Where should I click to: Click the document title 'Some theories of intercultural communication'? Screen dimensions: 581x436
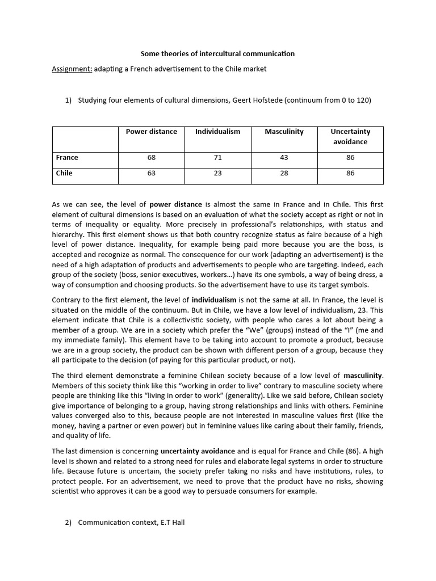coord(217,54)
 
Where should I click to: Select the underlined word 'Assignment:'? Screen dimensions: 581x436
coord(72,69)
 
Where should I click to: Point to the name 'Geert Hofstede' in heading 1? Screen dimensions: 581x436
coord(257,100)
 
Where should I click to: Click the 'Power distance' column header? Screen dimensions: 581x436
coord(151,132)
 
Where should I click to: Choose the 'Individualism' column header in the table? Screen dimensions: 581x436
coord(217,132)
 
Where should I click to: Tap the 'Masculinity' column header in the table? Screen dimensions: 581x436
coord(284,132)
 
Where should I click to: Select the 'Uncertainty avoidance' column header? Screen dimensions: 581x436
coord(350,137)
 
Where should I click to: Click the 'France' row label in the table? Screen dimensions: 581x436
coord(67,158)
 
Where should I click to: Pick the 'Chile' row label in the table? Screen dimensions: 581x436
coord(64,174)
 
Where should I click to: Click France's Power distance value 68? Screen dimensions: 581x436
coord(151,158)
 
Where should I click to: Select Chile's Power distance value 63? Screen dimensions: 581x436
coord(151,174)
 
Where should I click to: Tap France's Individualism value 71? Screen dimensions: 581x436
coord(217,158)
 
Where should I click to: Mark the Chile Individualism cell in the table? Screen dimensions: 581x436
coord(217,174)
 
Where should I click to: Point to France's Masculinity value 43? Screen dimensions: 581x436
coord(284,158)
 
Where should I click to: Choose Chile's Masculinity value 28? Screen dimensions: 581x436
coord(284,174)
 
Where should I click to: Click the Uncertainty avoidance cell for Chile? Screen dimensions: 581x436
coord(350,174)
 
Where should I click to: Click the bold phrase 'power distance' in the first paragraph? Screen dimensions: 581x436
coord(176,204)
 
